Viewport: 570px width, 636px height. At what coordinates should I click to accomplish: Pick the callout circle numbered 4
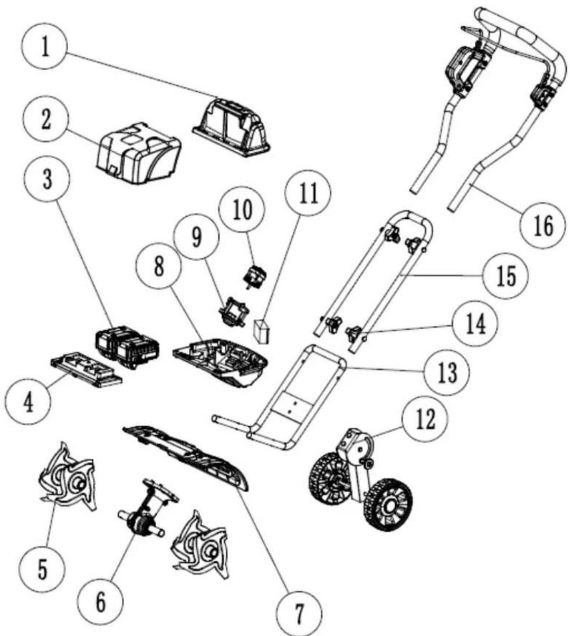pyautogui.click(x=27, y=403)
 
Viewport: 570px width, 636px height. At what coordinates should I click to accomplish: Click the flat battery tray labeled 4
pyautogui.click(x=86, y=369)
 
